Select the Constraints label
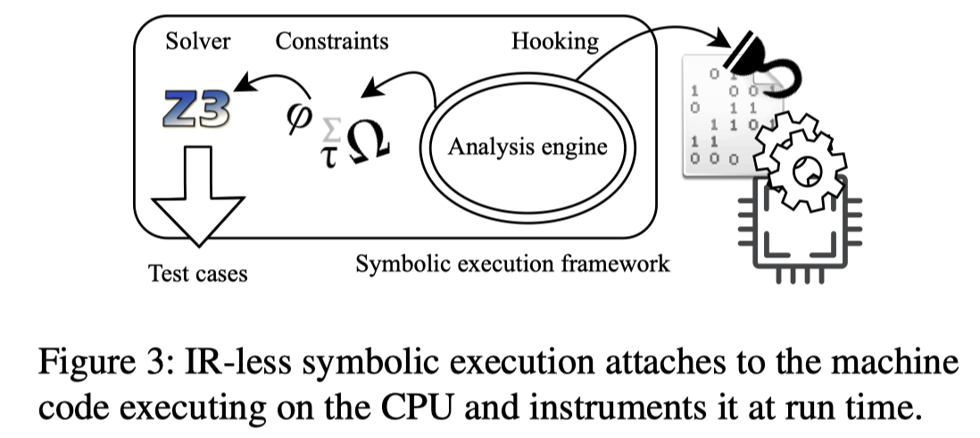tap(332, 42)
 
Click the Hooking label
tap(554, 42)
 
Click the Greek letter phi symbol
tap(295, 116)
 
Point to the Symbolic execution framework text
tap(512, 265)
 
